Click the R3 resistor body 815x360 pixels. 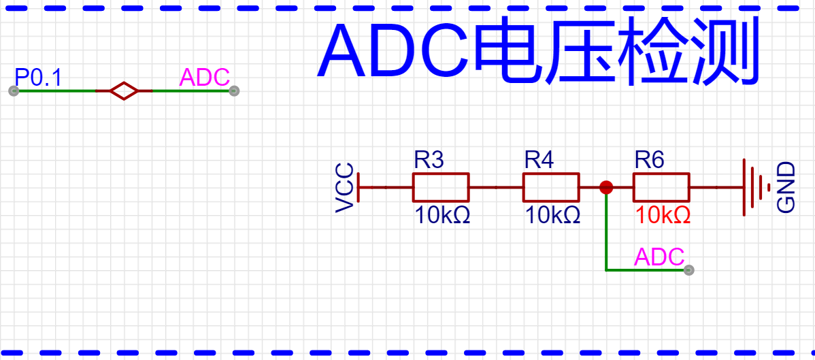(440, 187)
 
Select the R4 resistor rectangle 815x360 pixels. (550, 187)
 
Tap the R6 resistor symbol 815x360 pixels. (661, 187)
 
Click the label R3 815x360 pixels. (429, 161)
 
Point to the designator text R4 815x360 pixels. (539, 161)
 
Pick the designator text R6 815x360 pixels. (649, 161)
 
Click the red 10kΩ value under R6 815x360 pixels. (663, 216)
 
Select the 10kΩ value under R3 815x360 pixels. (443, 216)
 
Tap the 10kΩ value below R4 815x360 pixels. (553, 216)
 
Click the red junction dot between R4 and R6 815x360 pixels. (605, 187)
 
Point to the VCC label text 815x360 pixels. (346, 187)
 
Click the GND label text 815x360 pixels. (786, 187)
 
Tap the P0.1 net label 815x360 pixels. (38, 78)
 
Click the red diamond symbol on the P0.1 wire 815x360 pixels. (124, 91)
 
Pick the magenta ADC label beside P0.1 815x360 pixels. (204, 78)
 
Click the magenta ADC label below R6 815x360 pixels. (659, 257)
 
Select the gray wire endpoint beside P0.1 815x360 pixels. (13, 91)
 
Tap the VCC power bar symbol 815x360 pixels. (359, 187)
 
